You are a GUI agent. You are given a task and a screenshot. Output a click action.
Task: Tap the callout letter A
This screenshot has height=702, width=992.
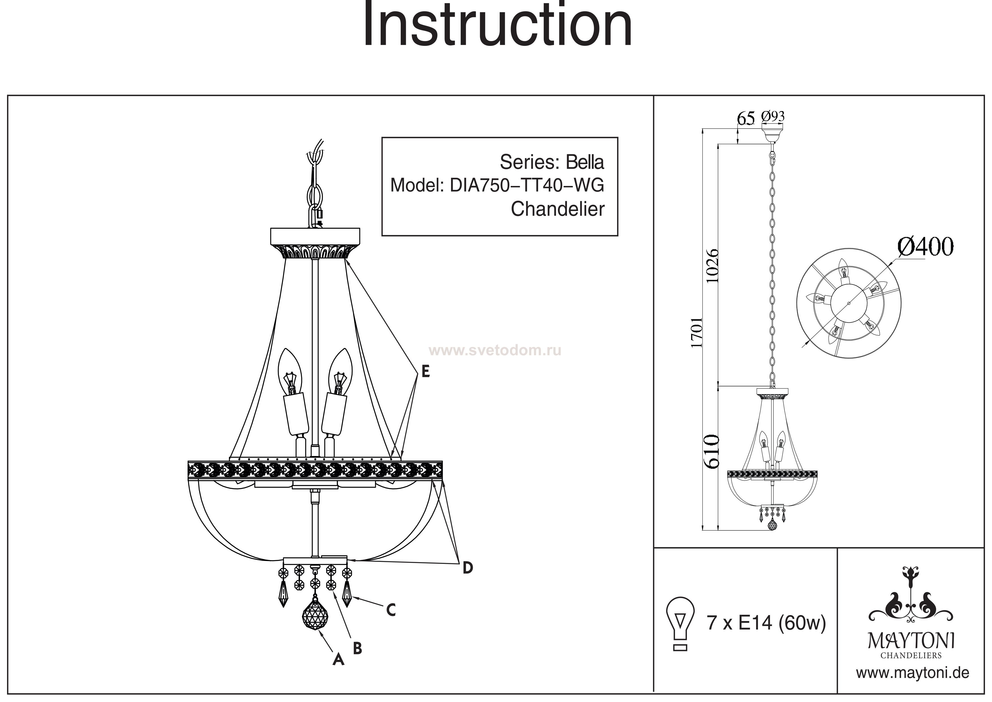pos(338,659)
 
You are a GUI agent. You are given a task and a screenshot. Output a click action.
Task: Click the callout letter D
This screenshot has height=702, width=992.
pos(467,568)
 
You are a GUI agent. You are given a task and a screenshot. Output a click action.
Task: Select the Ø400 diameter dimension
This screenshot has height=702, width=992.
pos(926,247)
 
